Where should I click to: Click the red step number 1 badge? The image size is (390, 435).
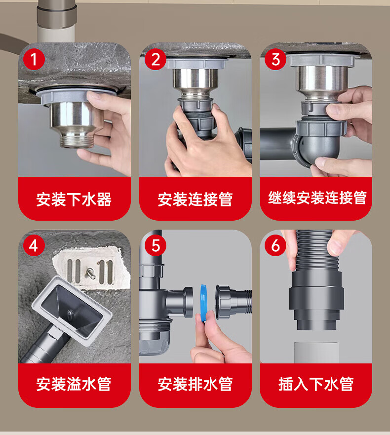point(34,59)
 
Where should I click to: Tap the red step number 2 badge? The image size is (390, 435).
point(156,59)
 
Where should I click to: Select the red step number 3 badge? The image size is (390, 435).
point(275,59)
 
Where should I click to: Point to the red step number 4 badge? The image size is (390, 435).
point(34,245)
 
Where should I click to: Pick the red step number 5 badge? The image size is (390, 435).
point(156,245)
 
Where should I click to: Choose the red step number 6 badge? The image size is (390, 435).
point(275,245)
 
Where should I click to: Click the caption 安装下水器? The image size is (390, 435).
point(74,199)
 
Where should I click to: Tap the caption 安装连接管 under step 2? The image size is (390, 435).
point(195,199)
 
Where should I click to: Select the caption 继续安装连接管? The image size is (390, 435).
point(317,198)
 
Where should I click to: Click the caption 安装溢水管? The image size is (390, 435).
point(74,384)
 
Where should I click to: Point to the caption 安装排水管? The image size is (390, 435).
point(195,384)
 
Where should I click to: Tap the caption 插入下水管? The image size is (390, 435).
point(316,384)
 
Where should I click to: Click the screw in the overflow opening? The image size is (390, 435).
point(91,272)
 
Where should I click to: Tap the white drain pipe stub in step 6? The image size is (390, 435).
point(316,353)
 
